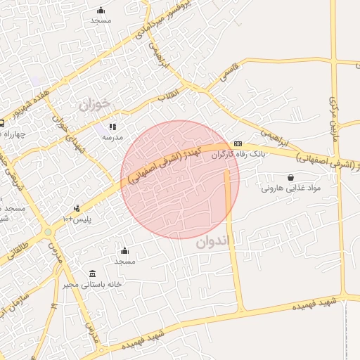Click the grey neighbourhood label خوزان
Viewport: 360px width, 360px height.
[94, 105]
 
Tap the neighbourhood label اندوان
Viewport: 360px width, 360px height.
[212, 243]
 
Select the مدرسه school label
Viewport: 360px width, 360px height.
[113, 136]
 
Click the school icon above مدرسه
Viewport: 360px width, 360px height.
[112, 127]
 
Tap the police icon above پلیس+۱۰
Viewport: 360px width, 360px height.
[77, 209]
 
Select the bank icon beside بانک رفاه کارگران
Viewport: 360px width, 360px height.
[238, 143]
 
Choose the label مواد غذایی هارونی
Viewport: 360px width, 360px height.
[290, 188]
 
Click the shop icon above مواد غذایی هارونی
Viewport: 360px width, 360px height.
[291, 178]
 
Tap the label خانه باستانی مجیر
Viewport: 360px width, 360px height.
[92, 284]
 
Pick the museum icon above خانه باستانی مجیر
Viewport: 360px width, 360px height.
[92, 274]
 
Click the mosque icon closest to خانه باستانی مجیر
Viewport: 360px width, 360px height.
[124, 251]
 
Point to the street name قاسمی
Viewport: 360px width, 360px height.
[229, 72]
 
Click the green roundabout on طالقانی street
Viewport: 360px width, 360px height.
[48, 232]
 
